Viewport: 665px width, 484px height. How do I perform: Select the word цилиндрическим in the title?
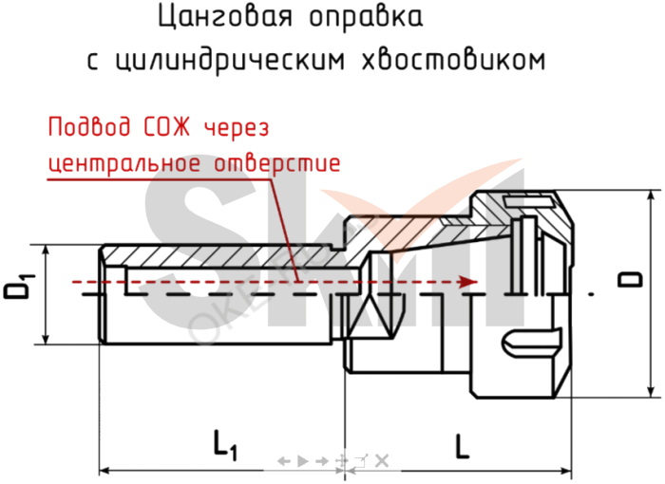tap(232, 62)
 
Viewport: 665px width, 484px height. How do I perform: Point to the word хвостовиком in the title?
tap(455, 62)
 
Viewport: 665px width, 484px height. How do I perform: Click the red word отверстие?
tap(276, 162)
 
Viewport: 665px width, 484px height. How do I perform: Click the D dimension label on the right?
tap(627, 279)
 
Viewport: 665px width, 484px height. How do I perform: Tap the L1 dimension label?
tap(224, 442)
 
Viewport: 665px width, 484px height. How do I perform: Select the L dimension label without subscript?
tap(461, 443)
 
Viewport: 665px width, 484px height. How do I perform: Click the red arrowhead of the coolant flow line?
tap(467, 282)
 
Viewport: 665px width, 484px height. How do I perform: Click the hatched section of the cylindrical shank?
tap(218, 254)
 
